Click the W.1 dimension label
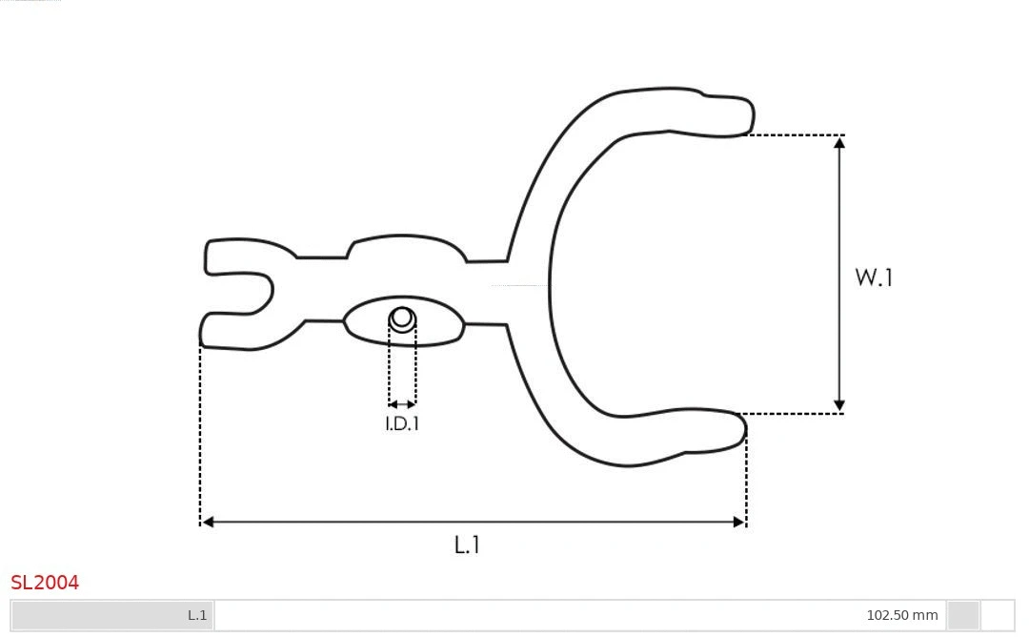(873, 277)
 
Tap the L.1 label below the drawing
(466, 545)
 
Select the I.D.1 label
(402, 424)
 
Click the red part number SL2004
(45, 583)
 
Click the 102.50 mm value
(901, 615)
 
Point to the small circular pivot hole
(402, 318)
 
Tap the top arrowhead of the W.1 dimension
(839, 142)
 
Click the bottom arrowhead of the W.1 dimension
(839, 406)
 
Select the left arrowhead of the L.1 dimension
(208, 522)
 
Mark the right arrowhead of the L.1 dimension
(738, 522)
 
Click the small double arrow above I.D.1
(402, 404)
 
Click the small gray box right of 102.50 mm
(963, 615)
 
